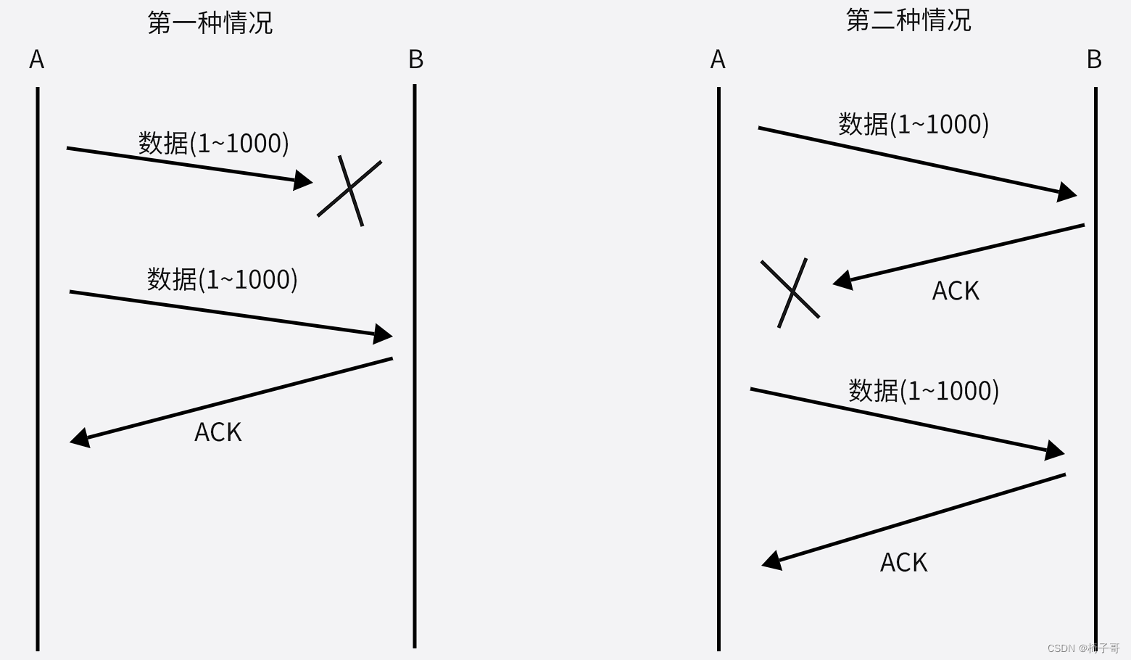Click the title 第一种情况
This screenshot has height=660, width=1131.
[210, 22]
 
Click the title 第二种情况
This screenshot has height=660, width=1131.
[908, 20]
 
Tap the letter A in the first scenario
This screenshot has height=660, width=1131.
[37, 59]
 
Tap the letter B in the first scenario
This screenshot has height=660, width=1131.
[415, 59]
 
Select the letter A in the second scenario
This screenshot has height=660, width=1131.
[718, 59]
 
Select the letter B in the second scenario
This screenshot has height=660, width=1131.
[1094, 59]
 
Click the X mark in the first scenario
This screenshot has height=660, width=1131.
[350, 189]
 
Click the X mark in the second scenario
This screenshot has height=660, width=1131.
[791, 292]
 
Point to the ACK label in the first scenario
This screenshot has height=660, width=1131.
[217, 432]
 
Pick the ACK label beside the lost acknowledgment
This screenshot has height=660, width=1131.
[956, 291]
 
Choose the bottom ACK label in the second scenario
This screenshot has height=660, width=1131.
[903, 563]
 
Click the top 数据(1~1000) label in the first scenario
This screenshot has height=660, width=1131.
[214, 143]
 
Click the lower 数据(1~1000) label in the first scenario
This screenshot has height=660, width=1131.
[223, 279]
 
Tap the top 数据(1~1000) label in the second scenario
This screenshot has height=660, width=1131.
[913, 124]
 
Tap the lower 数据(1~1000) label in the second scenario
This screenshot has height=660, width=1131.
[924, 391]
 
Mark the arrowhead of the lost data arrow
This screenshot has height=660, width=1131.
[304, 181]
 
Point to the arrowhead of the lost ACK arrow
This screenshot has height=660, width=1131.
[842, 281]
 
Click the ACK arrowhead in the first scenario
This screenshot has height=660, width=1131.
[79, 438]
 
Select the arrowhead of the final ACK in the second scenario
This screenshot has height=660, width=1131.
[771, 561]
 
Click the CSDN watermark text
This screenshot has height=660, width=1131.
[1083, 648]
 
